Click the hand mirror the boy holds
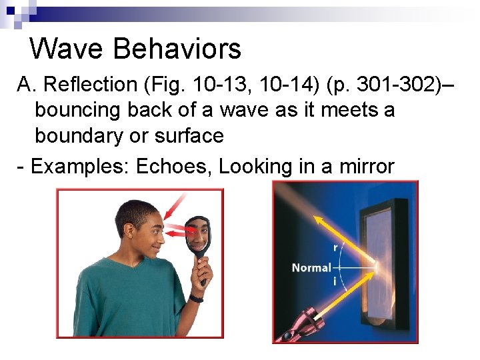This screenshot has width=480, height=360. click(197, 237)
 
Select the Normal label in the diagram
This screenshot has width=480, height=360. click(311, 268)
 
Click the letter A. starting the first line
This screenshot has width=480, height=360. click(25, 85)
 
